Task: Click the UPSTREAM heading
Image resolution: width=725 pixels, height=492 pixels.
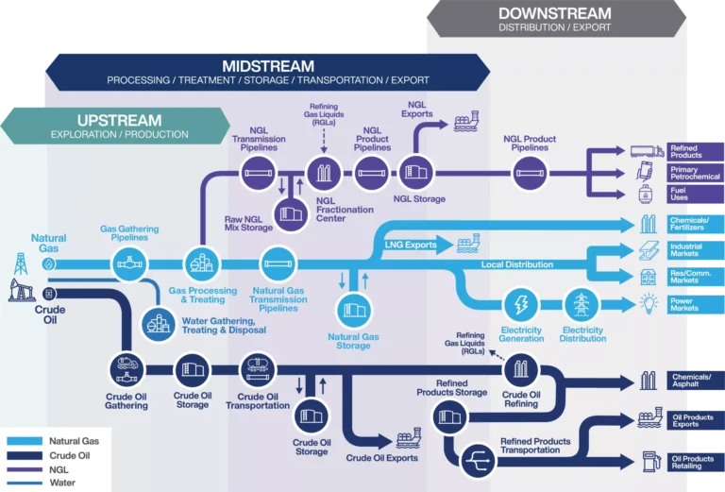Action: pyautogui.click(x=119, y=120)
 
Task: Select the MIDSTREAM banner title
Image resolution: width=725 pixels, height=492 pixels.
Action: pyautogui.click(x=268, y=66)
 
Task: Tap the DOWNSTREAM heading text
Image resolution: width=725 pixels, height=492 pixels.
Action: pyautogui.click(x=555, y=13)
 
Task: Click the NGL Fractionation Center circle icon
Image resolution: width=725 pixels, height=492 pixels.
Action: pyautogui.click(x=324, y=173)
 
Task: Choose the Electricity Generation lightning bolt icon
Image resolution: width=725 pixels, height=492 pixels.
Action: pyautogui.click(x=520, y=305)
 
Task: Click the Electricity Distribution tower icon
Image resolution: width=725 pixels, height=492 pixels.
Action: pyautogui.click(x=582, y=305)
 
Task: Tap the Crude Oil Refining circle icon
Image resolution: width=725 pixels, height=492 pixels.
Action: pyautogui.click(x=520, y=369)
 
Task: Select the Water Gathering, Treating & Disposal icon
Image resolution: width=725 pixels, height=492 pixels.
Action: pyautogui.click(x=159, y=323)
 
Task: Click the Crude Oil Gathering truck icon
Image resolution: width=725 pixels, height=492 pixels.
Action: pyautogui.click(x=126, y=368)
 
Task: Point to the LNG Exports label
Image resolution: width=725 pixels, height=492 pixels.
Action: pyautogui.click(x=411, y=246)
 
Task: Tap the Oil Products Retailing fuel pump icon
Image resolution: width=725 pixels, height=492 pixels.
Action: pyautogui.click(x=649, y=461)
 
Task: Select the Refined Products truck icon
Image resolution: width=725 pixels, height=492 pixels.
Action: pyautogui.click(x=647, y=150)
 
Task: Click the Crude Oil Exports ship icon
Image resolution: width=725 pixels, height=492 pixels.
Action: pyautogui.click(x=409, y=438)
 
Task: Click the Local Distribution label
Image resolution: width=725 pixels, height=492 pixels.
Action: pyautogui.click(x=516, y=264)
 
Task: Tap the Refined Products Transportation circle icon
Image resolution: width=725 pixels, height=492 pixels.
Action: pyautogui.click(x=481, y=459)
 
